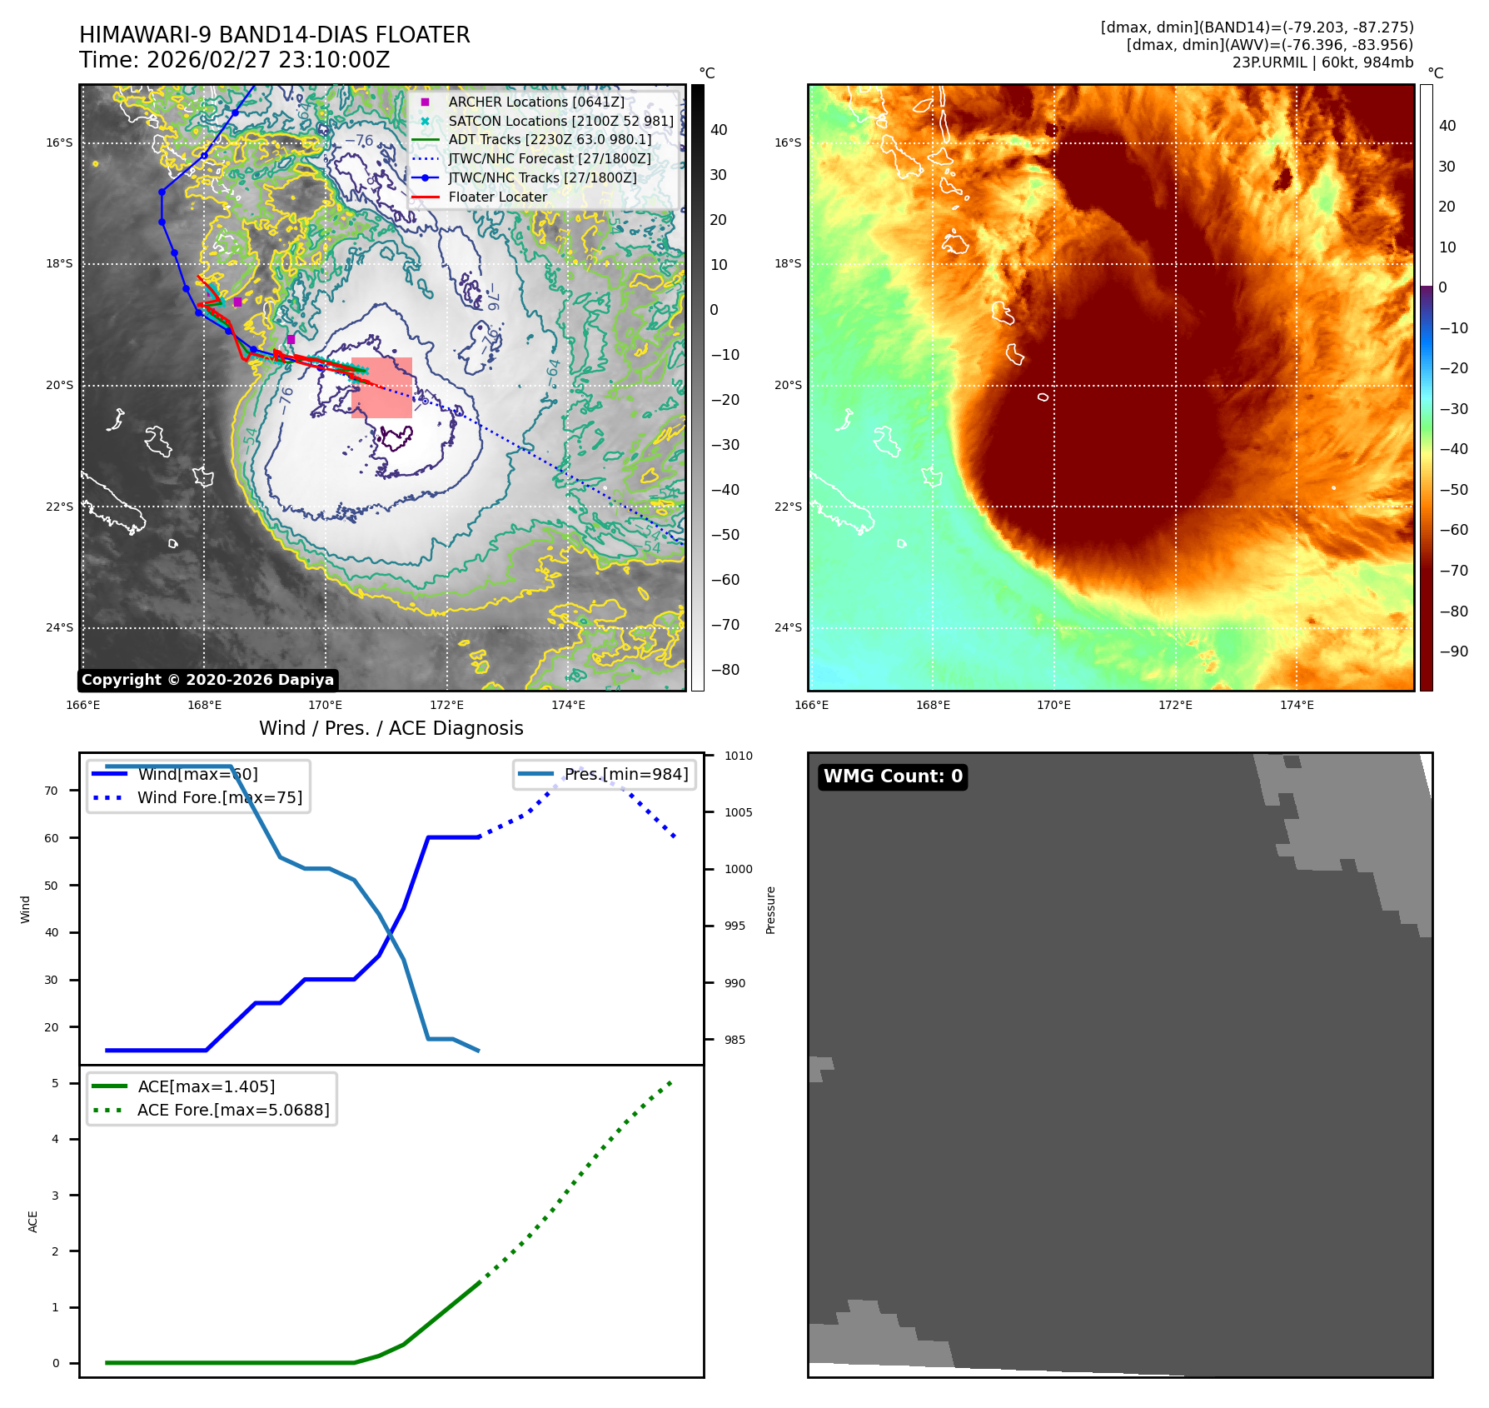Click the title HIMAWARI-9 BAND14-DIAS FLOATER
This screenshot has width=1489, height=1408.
tap(274, 35)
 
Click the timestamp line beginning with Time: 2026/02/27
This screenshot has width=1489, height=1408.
tap(234, 60)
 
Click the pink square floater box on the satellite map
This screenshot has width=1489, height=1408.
tap(381, 387)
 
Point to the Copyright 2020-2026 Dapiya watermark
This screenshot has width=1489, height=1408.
tap(207, 680)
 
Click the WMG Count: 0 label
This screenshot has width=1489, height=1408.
tap(893, 776)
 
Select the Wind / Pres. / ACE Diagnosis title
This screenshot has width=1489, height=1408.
tap(391, 728)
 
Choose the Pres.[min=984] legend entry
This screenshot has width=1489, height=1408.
tap(625, 774)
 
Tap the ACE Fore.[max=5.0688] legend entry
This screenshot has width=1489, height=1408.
tap(232, 1110)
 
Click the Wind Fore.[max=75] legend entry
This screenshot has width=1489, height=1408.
tap(219, 797)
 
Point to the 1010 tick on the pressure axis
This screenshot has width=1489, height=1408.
tap(738, 756)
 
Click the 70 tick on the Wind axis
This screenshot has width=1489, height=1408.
tap(52, 791)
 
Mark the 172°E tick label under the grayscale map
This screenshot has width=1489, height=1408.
tap(446, 705)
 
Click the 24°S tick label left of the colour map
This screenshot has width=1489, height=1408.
tap(787, 627)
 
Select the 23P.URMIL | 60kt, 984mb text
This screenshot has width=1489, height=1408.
tap(1322, 62)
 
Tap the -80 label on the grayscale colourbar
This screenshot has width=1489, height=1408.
tap(725, 670)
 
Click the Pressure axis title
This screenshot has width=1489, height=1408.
tap(770, 910)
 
